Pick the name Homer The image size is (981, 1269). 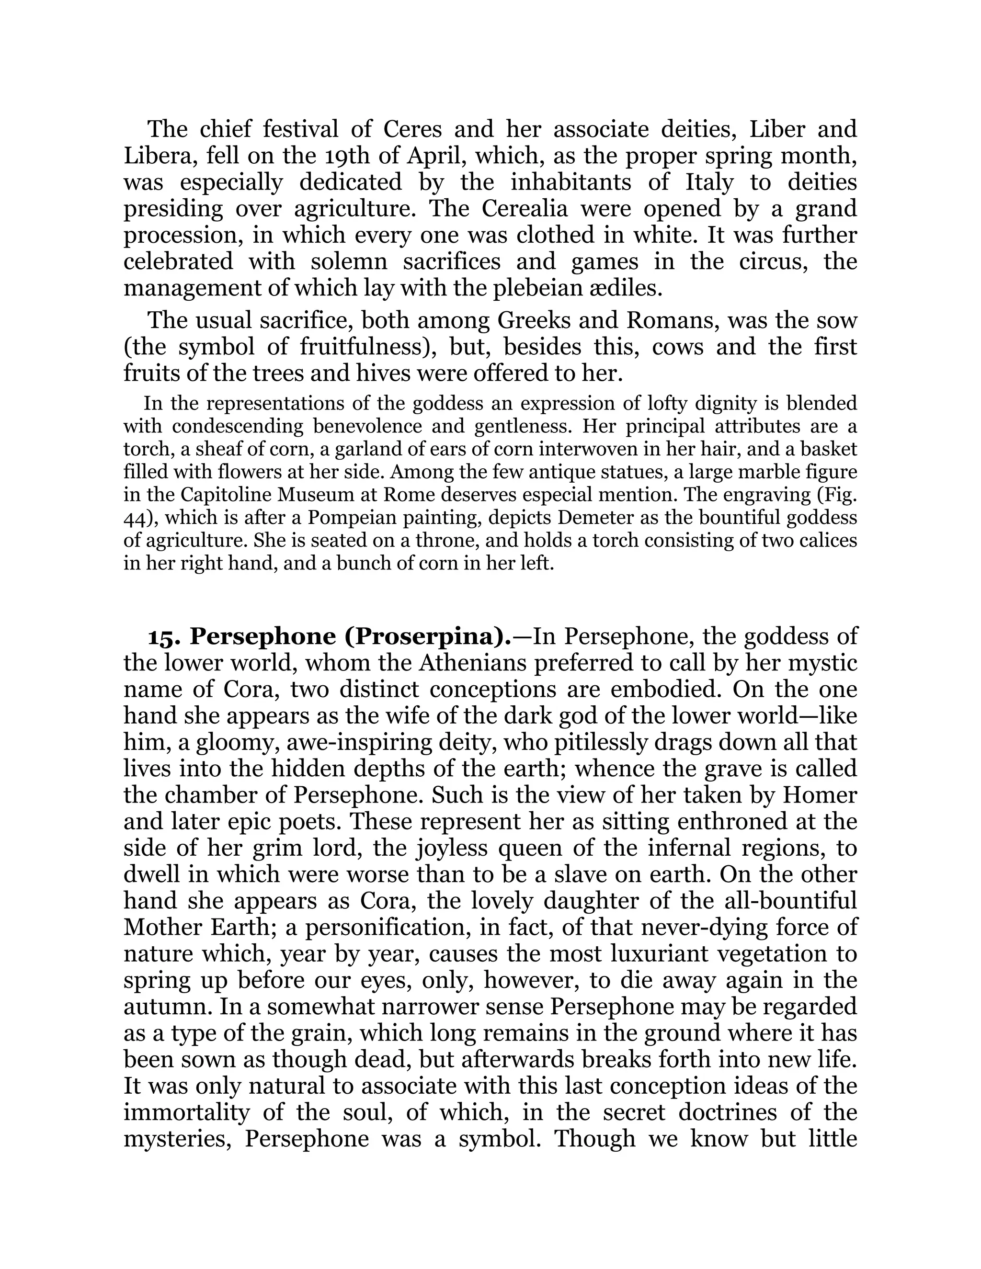coord(820,795)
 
